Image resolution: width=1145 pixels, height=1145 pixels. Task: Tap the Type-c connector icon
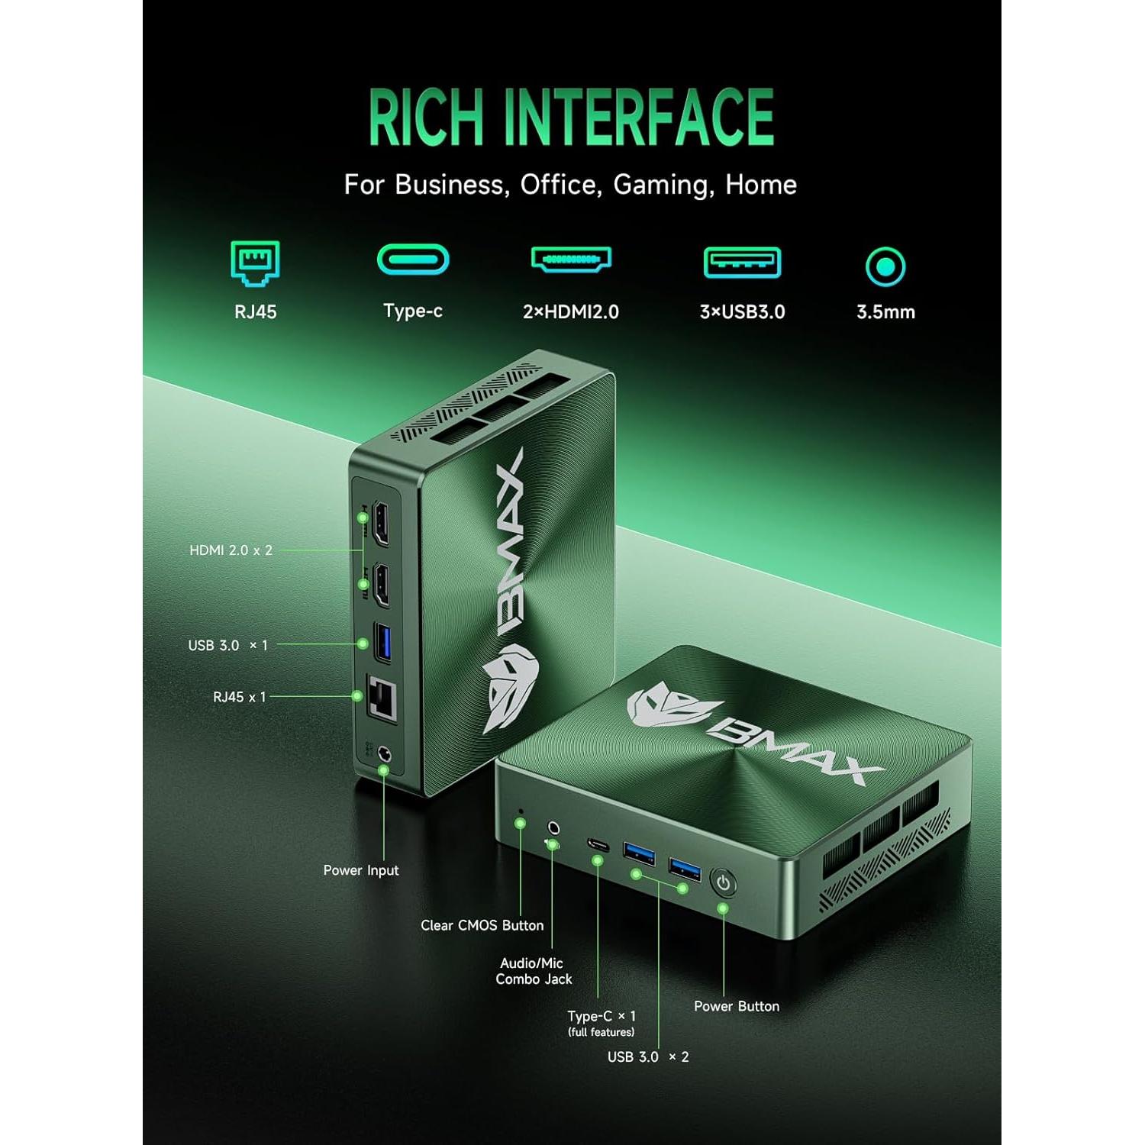pos(413,260)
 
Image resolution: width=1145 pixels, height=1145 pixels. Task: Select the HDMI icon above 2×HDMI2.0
pos(571,260)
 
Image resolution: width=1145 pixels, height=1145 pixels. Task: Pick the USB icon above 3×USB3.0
pos(742,263)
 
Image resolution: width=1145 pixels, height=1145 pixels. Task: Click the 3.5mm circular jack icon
pos(885,266)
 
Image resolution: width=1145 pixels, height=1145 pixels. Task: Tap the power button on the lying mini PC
pos(723,883)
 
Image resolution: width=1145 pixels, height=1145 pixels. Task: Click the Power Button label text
pos(737,1006)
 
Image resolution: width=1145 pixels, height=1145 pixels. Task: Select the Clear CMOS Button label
pos(482,925)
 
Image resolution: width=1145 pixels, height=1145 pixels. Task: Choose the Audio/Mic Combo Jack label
pos(534,971)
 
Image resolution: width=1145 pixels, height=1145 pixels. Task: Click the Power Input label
pos(360,870)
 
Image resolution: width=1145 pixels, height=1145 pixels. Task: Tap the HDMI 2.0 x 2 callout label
pos(231,550)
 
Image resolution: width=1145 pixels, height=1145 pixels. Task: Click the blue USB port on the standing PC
pos(383,642)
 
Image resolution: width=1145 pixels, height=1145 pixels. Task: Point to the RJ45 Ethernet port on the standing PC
pos(382,698)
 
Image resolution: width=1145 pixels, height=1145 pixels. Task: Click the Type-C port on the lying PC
pos(598,844)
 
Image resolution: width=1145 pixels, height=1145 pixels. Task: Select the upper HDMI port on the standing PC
pos(379,523)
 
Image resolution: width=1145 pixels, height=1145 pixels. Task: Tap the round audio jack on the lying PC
pos(554,827)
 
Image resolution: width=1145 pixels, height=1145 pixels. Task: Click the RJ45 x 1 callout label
pos(239,697)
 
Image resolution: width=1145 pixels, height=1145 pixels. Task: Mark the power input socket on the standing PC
pos(385,755)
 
